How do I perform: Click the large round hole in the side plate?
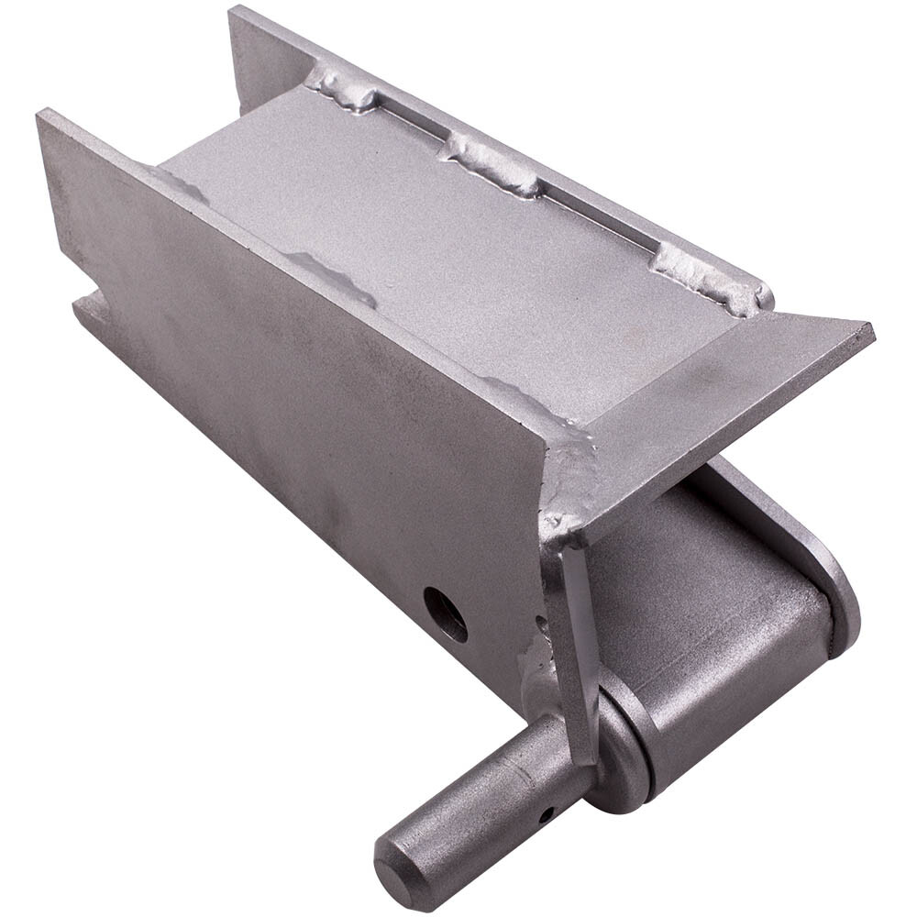click(446, 613)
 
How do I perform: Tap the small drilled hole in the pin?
click(546, 812)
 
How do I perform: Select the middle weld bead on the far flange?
click(492, 165)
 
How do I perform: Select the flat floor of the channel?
click(440, 238)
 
